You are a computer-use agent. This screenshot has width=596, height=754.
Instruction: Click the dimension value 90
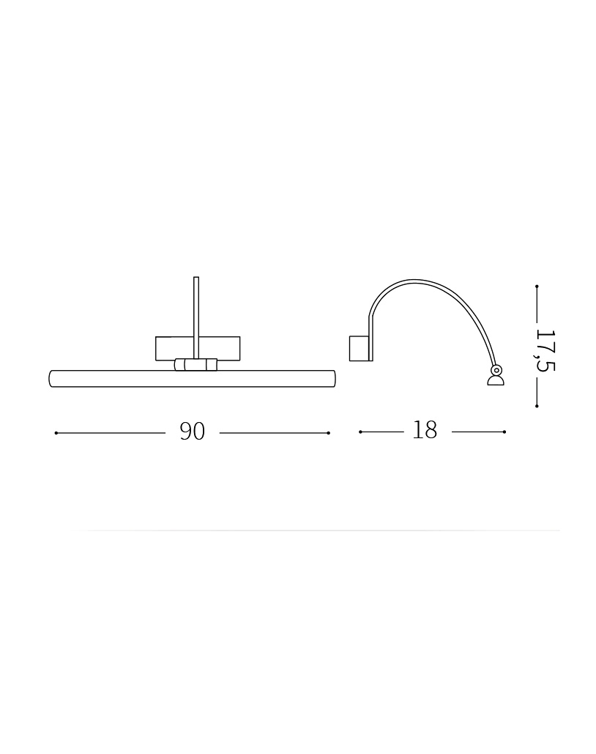tap(193, 432)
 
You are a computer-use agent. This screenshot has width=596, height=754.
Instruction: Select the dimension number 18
tap(425, 430)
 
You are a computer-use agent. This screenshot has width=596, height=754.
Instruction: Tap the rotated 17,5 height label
tap(545, 350)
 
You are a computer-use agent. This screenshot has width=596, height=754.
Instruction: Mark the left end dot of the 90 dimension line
tap(56, 433)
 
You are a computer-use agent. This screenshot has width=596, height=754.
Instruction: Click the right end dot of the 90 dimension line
tap(328, 433)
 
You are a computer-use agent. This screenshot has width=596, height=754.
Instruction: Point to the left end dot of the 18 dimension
tap(360, 432)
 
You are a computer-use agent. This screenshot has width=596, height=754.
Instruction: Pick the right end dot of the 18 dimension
tap(504, 432)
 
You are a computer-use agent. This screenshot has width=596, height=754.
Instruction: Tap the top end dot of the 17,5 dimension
tap(537, 287)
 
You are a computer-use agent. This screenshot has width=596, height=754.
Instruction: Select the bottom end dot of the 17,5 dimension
tap(537, 407)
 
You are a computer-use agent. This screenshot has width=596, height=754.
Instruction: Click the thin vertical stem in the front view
tap(196, 317)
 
